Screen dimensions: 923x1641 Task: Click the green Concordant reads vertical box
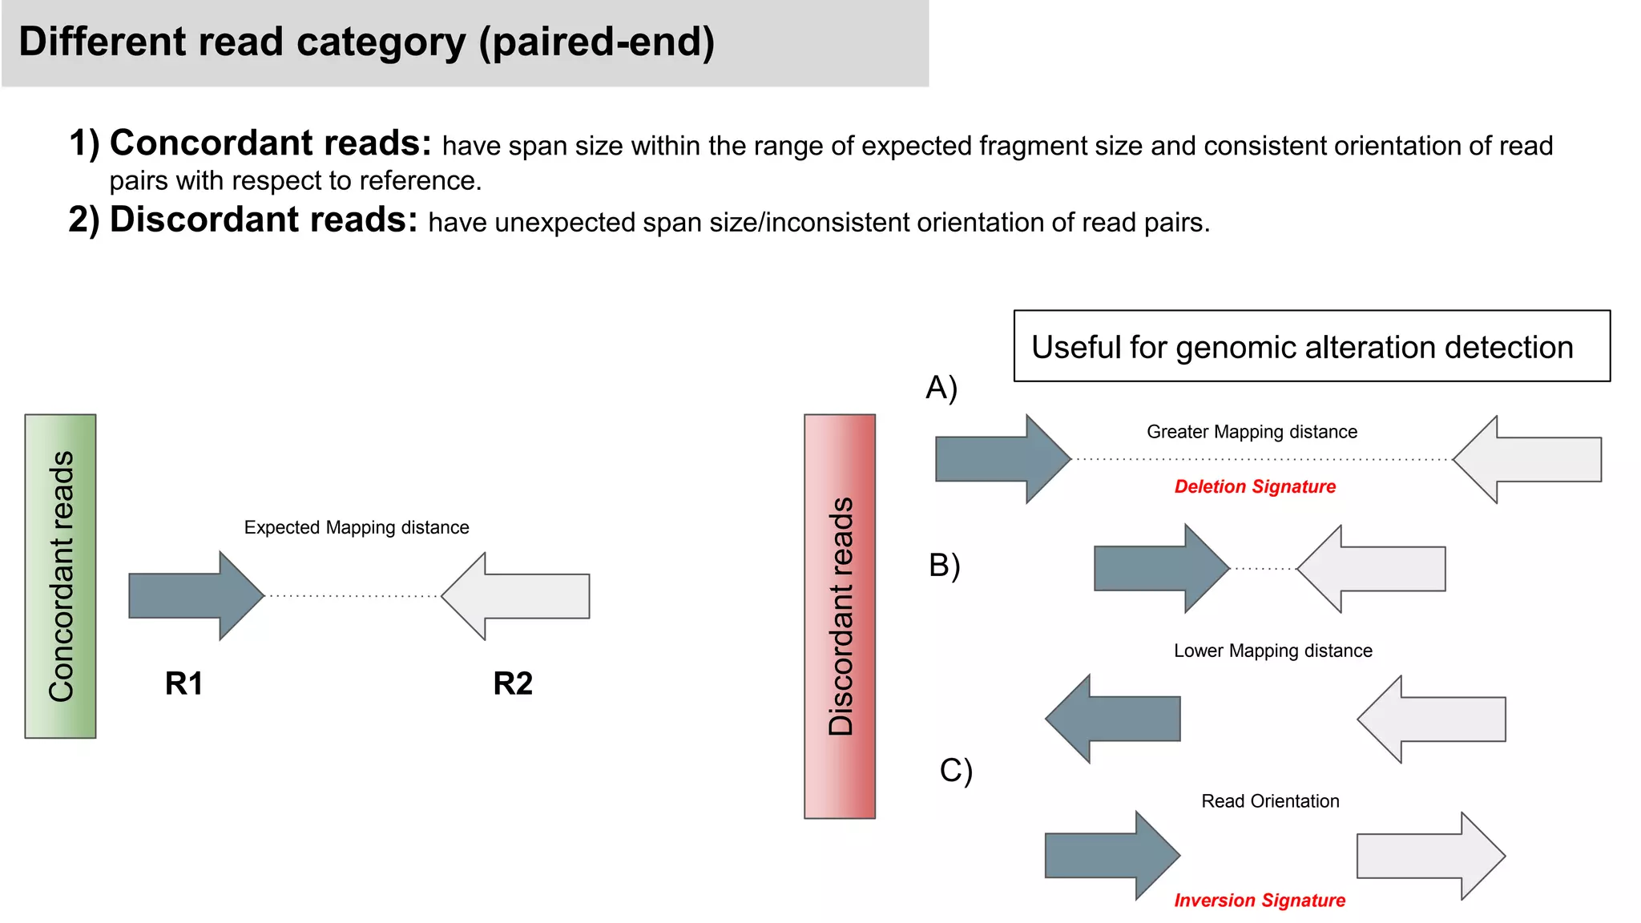[x=60, y=576]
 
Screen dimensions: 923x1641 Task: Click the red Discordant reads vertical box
[x=839, y=616]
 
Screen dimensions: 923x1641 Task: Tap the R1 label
[x=183, y=683]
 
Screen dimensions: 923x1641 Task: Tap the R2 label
[x=513, y=683]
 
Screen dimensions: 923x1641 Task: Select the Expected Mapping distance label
[x=357, y=527]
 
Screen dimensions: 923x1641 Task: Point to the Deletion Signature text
[x=1255, y=486]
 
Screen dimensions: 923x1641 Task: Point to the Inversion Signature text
[x=1260, y=900]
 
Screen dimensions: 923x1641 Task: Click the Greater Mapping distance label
[x=1252, y=432]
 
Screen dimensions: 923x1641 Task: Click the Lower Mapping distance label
[x=1272, y=651]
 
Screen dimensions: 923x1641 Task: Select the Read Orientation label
[x=1270, y=801]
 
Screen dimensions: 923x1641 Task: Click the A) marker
[x=941, y=388]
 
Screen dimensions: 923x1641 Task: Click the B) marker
[x=944, y=566]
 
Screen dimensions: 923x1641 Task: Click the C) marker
[x=956, y=771]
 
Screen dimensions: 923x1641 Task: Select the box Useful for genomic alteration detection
[x=1311, y=346]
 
